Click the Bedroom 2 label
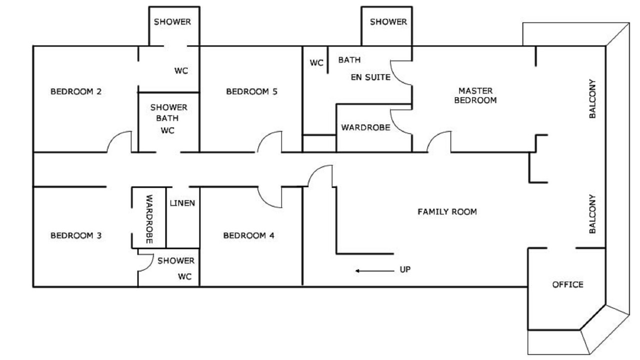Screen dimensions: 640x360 (x=76, y=91)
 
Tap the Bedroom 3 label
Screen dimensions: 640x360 (x=76, y=235)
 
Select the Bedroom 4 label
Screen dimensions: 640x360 (x=248, y=235)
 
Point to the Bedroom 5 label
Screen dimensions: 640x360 (x=251, y=91)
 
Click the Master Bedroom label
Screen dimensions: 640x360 (x=475, y=95)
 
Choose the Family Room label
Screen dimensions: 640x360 (x=447, y=211)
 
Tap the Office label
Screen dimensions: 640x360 (x=567, y=284)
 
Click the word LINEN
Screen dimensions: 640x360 (x=182, y=203)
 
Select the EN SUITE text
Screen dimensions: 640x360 (x=370, y=77)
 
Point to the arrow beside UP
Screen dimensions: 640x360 (x=375, y=271)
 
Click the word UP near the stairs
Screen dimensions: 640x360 (x=405, y=269)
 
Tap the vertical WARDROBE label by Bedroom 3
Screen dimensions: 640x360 (x=149, y=219)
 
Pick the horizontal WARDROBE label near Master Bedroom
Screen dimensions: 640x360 (x=365, y=127)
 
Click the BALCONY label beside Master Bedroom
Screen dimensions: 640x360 (x=592, y=98)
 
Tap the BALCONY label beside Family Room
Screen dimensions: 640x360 (x=592, y=214)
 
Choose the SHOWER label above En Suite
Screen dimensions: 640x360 (x=388, y=21)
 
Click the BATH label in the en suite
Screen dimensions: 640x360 (x=349, y=60)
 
